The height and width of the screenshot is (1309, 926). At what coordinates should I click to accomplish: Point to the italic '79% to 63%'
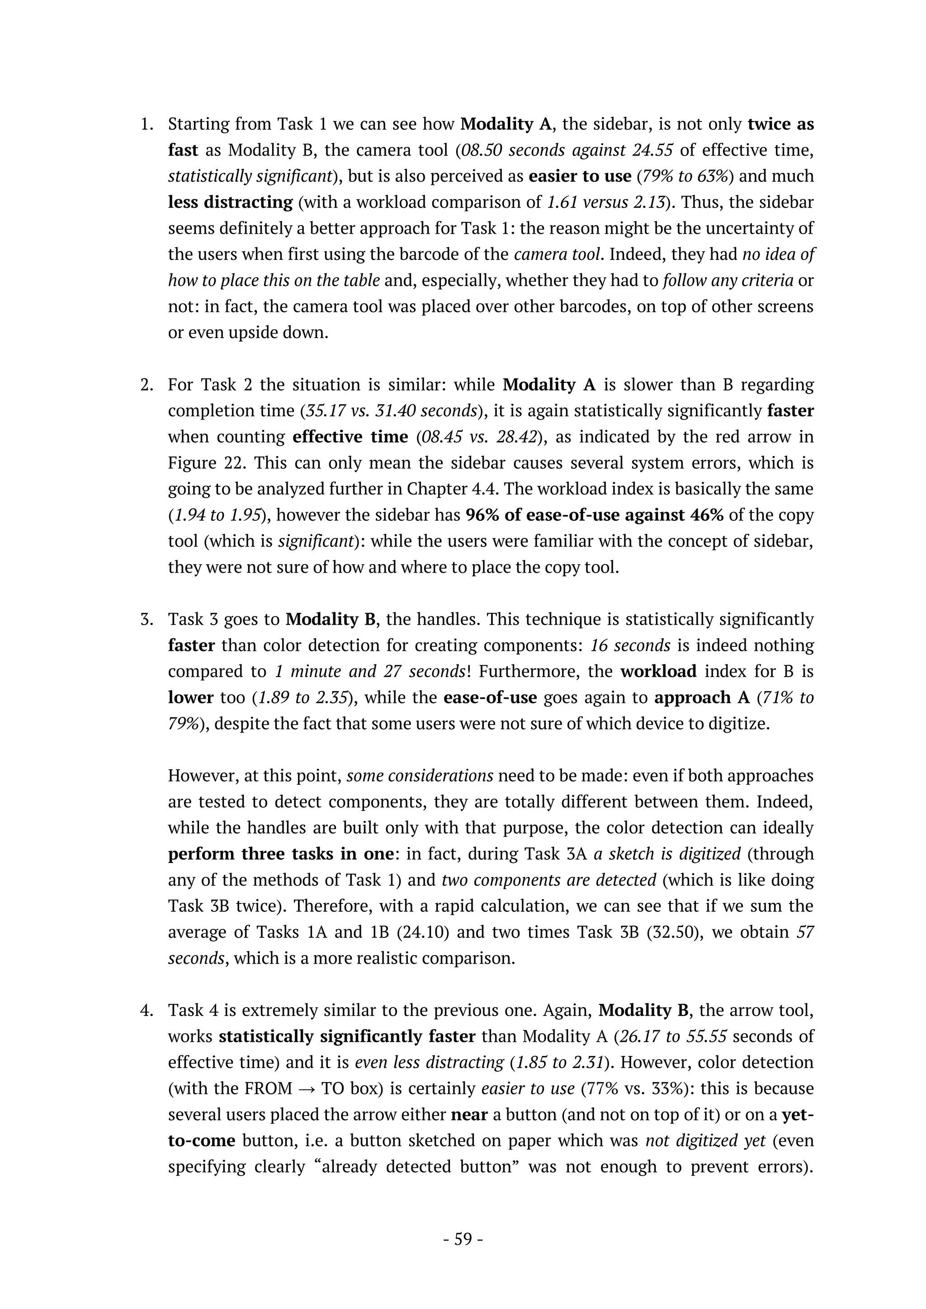pos(687,176)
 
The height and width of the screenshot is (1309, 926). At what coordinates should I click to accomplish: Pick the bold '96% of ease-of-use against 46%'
pos(594,515)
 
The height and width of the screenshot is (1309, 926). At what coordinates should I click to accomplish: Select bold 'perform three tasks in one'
pos(280,854)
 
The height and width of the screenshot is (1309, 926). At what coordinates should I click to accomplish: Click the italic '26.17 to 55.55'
pos(673,1036)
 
